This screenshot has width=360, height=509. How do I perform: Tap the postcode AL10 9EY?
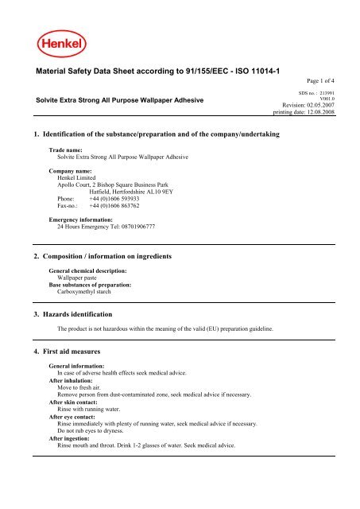[182, 191]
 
